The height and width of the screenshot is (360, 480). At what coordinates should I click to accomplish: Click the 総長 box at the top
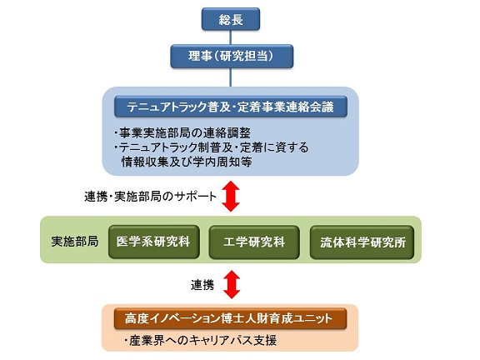231,19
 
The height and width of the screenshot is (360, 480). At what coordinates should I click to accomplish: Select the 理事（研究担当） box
232,57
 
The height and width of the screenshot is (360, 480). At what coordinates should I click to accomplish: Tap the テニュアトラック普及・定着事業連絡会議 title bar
231,107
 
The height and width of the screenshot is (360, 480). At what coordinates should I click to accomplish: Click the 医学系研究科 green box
153,242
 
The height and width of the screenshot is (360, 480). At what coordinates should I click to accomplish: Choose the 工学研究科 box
254,242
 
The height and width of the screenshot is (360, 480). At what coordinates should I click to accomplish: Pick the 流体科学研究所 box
362,242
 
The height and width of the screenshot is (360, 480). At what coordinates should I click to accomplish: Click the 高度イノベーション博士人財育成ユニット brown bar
230,318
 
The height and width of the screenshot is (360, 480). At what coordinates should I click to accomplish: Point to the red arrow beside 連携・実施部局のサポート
231,196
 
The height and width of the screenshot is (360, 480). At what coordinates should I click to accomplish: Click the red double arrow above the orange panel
232,284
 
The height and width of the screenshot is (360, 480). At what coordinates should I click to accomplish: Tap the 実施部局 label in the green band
75,242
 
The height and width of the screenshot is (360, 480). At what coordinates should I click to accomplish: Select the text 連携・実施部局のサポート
150,196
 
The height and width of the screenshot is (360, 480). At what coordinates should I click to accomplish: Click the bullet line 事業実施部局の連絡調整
182,132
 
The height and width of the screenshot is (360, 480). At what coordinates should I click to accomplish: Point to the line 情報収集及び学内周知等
187,162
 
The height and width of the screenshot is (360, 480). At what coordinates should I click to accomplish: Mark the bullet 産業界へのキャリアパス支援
201,340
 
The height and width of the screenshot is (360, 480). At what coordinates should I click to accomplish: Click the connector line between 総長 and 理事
231,37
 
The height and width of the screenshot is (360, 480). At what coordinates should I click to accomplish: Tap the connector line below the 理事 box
231,77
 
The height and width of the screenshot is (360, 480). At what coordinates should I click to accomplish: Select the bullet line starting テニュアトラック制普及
212,147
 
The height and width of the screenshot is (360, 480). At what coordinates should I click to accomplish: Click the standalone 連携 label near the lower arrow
202,285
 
